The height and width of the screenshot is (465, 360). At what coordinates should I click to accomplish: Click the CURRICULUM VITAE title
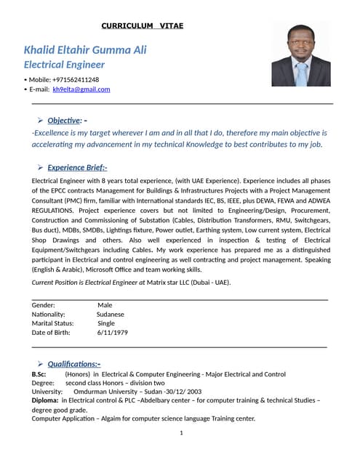142,26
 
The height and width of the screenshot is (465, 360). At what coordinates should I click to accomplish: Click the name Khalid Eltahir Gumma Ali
85,49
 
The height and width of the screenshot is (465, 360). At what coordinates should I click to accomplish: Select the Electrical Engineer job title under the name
65,65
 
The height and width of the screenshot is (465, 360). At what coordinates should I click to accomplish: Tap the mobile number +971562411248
76,79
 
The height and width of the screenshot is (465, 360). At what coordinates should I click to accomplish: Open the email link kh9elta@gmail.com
81,89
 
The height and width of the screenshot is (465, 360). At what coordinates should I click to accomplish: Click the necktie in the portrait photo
301,73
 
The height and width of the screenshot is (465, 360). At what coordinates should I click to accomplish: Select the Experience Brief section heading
77,167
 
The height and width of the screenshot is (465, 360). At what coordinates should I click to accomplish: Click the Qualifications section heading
74,363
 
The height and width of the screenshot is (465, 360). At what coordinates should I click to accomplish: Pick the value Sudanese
111,315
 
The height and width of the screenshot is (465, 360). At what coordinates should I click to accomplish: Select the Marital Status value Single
106,323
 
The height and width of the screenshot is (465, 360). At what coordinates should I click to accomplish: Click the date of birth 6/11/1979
112,332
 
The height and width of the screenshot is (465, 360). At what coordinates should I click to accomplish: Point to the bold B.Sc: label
39,373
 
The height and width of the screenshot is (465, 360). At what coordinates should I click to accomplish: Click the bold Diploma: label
45,400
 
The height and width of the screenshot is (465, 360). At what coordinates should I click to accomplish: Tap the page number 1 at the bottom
180,433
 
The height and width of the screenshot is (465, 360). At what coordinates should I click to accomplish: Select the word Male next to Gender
105,305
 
